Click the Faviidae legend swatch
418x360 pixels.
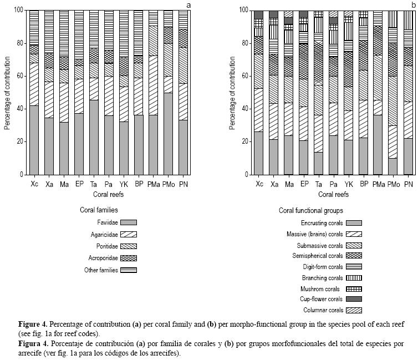(128, 222)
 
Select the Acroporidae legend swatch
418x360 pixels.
(128, 258)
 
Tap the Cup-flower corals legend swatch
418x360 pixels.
(354, 298)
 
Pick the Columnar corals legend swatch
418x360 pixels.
(354, 310)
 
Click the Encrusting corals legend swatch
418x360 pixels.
(354, 222)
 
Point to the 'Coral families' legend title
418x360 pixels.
(99, 210)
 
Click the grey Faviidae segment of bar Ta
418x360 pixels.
(94, 138)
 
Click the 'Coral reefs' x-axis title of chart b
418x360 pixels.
(333, 194)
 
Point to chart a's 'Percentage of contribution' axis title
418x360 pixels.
(7, 92)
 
